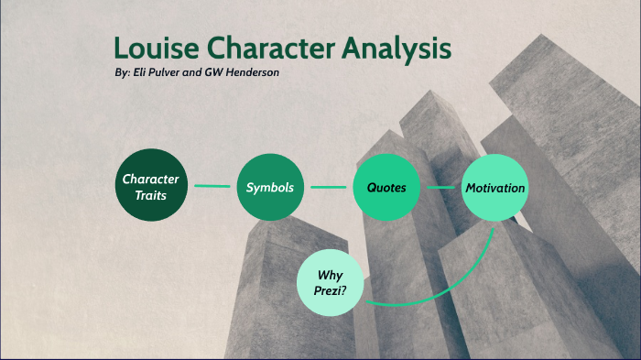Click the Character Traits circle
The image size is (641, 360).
point(150,186)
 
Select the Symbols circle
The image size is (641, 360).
point(269,187)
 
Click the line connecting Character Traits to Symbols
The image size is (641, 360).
point(210,187)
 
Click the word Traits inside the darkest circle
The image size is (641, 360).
point(150,194)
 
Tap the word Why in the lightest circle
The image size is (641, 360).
point(330,275)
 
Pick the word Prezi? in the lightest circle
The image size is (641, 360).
point(330,292)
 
